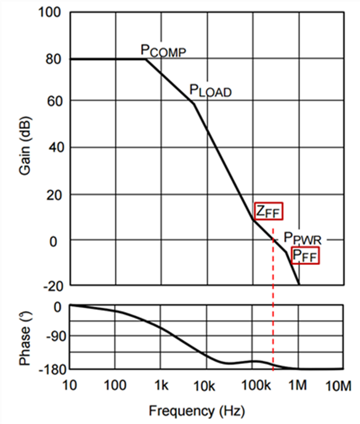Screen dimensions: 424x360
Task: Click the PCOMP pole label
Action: point(164,51)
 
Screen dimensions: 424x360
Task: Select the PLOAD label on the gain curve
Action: point(210,90)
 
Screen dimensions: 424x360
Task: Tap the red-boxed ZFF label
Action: point(269,211)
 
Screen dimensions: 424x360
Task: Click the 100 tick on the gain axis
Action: point(50,12)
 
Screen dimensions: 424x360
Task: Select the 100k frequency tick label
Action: point(252,385)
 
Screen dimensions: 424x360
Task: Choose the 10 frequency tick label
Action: point(70,385)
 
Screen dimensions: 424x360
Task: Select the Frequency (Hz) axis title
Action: point(197,411)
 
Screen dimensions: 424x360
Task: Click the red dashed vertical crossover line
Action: point(273,311)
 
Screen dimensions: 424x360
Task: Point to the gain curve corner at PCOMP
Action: point(145,59)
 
